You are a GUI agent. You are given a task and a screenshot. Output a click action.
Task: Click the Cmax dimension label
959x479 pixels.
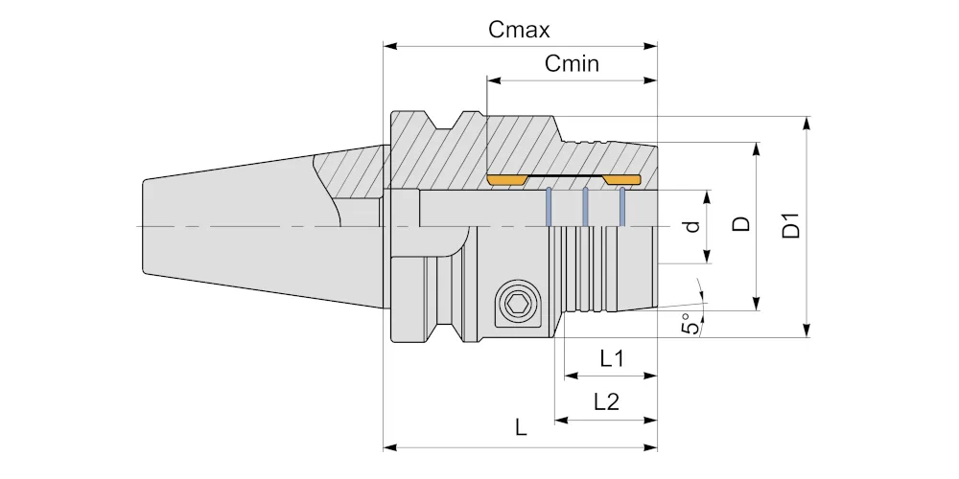click(519, 30)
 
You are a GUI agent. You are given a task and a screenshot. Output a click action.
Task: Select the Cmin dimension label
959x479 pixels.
click(572, 63)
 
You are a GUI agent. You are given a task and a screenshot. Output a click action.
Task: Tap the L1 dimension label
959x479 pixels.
click(612, 358)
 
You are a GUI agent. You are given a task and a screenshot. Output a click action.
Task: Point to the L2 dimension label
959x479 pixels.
click(607, 402)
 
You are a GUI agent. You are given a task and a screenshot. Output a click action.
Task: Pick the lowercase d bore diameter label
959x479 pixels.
click(691, 226)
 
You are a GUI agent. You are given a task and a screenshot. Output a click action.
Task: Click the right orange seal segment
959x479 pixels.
click(621, 180)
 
